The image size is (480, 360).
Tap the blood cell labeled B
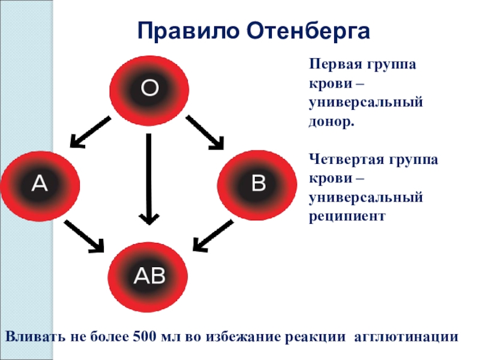(257, 184)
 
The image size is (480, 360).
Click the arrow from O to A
(91, 132)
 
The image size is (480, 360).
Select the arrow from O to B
(205, 132)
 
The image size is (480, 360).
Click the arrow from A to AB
(84, 236)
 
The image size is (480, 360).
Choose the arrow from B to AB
(213, 235)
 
